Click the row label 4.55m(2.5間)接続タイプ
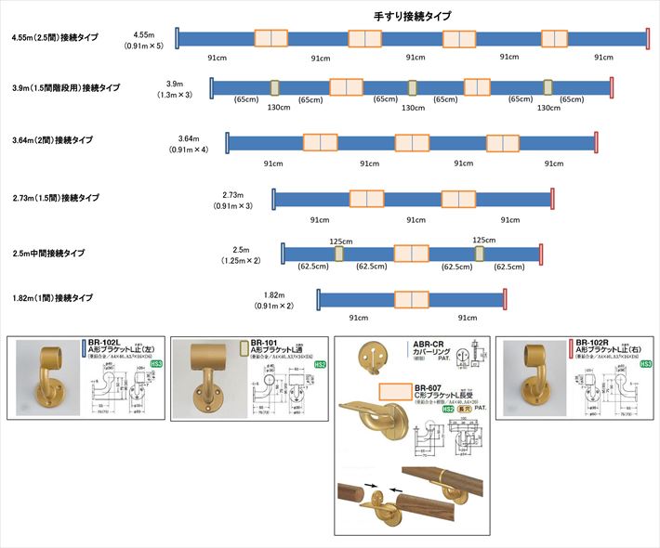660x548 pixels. (56, 39)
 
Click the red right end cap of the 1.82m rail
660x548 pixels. (505, 298)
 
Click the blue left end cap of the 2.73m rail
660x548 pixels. (273, 199)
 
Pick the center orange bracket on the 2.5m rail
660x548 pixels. (411, 253)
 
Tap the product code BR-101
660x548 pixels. (265, 342)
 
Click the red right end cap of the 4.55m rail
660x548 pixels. (648, 38)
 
